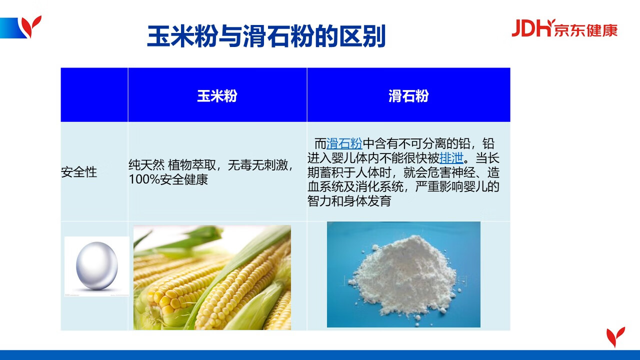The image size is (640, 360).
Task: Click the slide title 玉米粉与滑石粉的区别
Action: click(x=266, y=36)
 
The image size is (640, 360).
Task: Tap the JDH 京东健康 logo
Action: click(x=564, y=28)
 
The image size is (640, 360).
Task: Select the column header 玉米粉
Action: click(x=217, y=95)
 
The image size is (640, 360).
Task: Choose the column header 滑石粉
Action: click(x=408, y=95)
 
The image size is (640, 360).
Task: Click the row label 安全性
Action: click(x=79, y=172)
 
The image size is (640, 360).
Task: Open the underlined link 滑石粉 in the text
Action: click(x=344, y=143)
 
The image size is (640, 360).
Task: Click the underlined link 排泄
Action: click(x=451, y=157)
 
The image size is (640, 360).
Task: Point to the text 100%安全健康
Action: click(x=168, y=179)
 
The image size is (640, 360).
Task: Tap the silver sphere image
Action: click(x=97, y=266)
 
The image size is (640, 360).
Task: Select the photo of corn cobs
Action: click(x=212, y=277)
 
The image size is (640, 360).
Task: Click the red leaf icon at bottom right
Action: click(x=615, y=337)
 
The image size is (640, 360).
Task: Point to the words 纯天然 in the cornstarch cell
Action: click(x=146, y=165)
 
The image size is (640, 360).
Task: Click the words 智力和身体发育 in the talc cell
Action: click(x=349, y=201)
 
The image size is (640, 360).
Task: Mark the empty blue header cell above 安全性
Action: click(x=94, y=95)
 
